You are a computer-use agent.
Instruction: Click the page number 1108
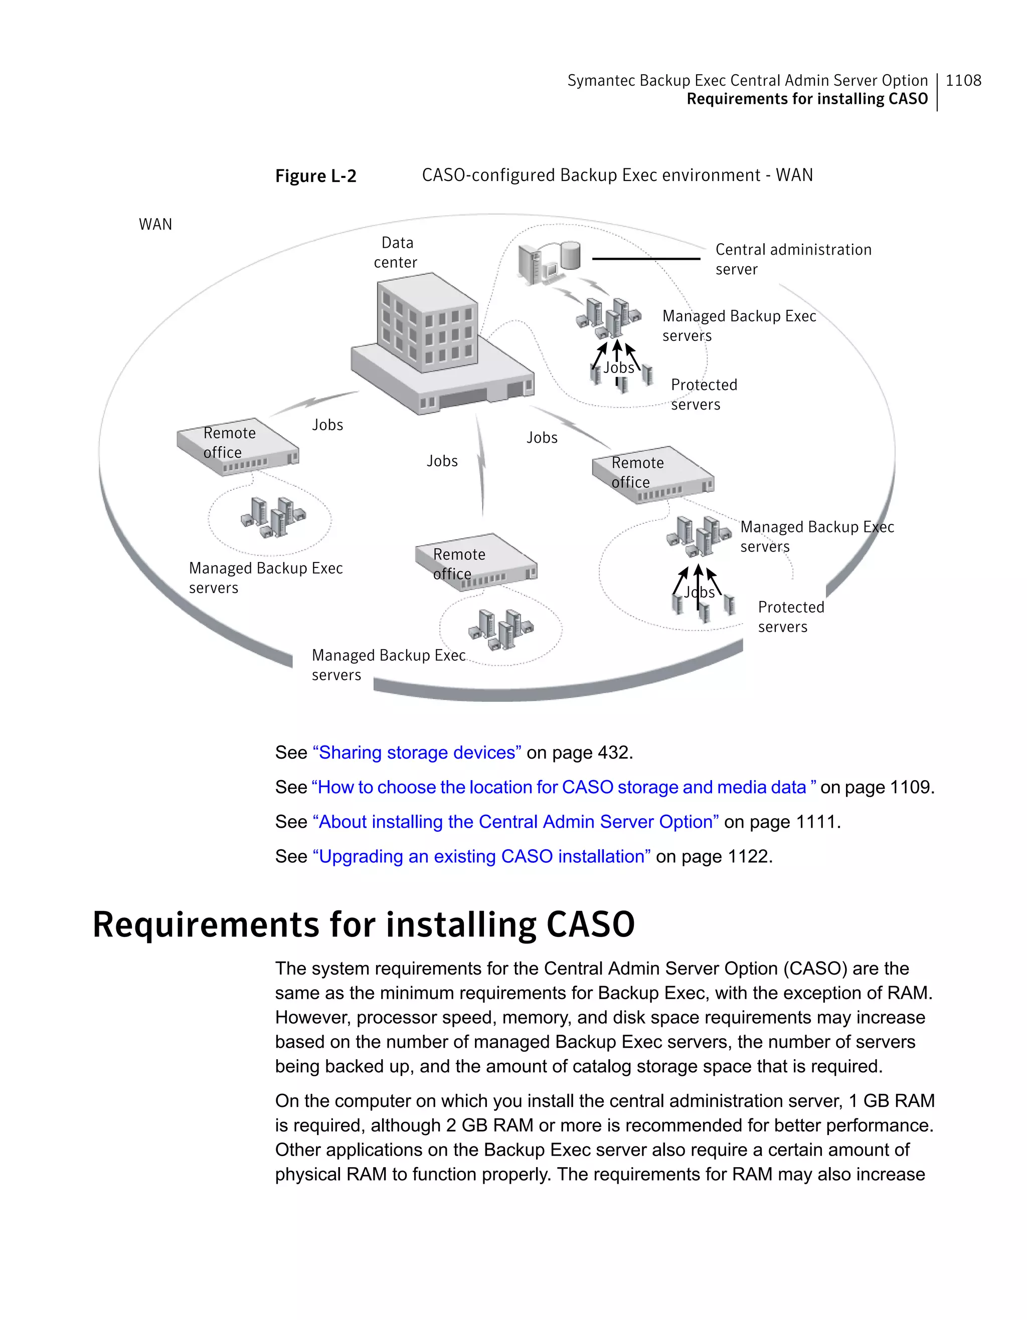coord(963,80)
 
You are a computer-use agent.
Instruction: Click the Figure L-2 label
coord(315,176)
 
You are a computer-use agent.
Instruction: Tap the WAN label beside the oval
coord(155,224)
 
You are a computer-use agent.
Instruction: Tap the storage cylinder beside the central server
coord(570,255)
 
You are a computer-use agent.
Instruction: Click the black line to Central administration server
coord(645,259)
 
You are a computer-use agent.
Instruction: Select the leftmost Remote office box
coord(238,447)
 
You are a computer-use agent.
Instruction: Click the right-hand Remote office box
coord(653,474)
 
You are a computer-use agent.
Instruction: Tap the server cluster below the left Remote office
coord(273,517)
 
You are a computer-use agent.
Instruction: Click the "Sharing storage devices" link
coord(417,752)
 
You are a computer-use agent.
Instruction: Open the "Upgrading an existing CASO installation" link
coord(481,856)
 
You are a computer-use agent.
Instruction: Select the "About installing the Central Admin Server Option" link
coord(516,822)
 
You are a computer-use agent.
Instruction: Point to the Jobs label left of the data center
coord(327,425)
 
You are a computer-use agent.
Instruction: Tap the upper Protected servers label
coord(704,394)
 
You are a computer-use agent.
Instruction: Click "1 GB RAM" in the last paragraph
coord(892,1100)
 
